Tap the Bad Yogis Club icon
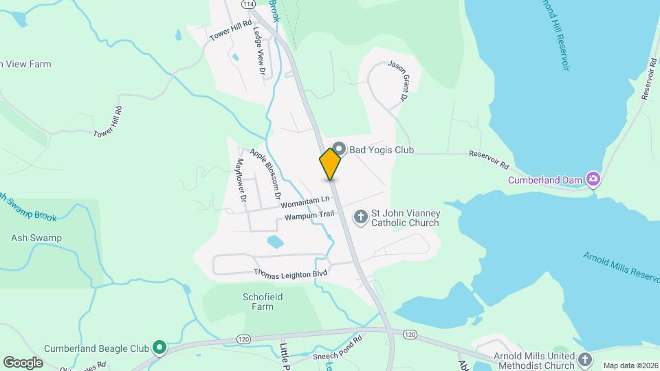coord(338,149)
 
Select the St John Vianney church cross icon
coord(360,218)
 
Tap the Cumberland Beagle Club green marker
coord(159,348)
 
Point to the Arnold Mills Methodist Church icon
coord(585,359)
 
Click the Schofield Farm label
coord(263,302)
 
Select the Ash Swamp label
coord(36,238)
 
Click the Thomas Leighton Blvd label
coord(290,272)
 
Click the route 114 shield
coord(248,4)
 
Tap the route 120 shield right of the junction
coord(410,335)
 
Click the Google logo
coord(23,362)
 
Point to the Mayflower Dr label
coord(241,180)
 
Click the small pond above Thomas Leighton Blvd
coord(275,241)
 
